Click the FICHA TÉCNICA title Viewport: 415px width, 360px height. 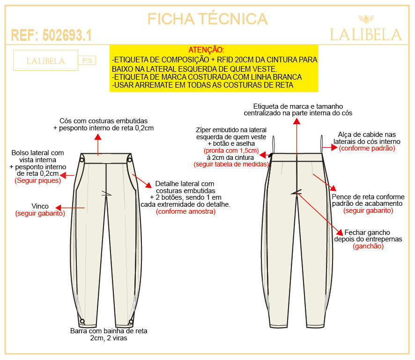207,19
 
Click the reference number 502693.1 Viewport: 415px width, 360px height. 67,35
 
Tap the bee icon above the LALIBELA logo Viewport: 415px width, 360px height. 366,19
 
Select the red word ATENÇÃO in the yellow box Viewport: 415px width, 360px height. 206,50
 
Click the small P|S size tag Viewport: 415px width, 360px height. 87,60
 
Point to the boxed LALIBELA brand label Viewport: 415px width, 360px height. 46,60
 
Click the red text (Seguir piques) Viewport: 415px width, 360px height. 38,180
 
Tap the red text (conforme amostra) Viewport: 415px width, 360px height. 185,211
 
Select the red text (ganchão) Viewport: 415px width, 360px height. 368,246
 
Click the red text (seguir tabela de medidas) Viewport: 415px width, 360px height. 231,164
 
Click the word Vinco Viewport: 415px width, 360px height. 40,206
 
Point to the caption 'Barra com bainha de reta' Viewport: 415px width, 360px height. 109,331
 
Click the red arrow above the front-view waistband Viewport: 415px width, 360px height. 98,145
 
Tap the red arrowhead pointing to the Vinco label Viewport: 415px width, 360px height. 59,208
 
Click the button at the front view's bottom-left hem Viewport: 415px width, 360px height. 82,321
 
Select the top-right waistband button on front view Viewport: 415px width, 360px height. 129,160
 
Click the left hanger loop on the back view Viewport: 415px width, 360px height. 274,144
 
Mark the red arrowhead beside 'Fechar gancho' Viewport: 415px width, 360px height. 340,232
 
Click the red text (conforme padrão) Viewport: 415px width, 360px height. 367,148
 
